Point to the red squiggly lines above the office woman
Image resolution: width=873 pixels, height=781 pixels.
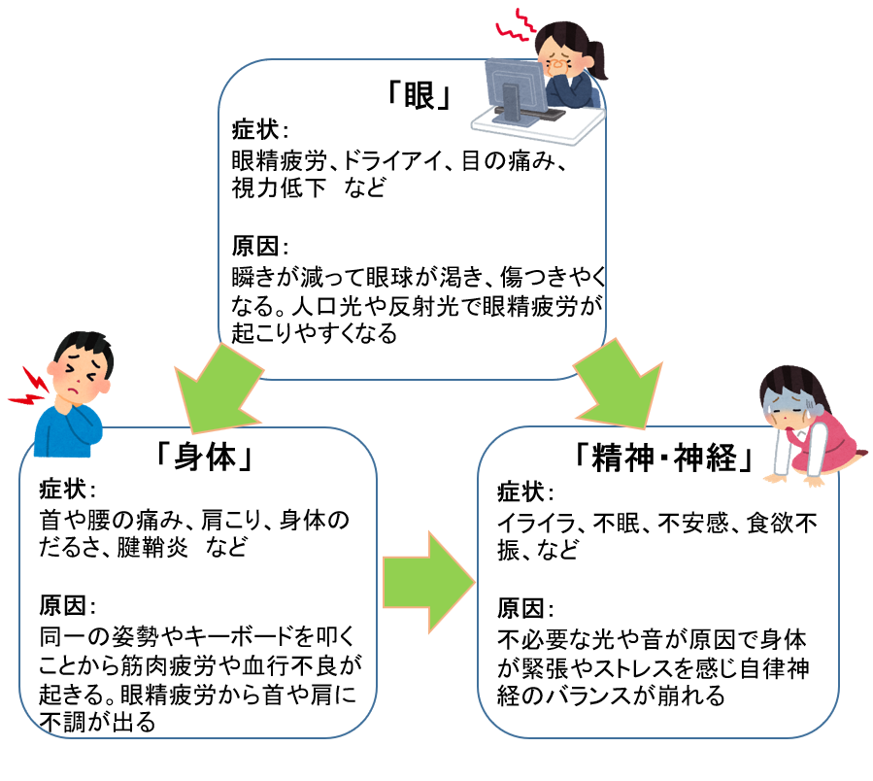tap(515, 26)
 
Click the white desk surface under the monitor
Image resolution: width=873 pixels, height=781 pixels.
tap(573, 127)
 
